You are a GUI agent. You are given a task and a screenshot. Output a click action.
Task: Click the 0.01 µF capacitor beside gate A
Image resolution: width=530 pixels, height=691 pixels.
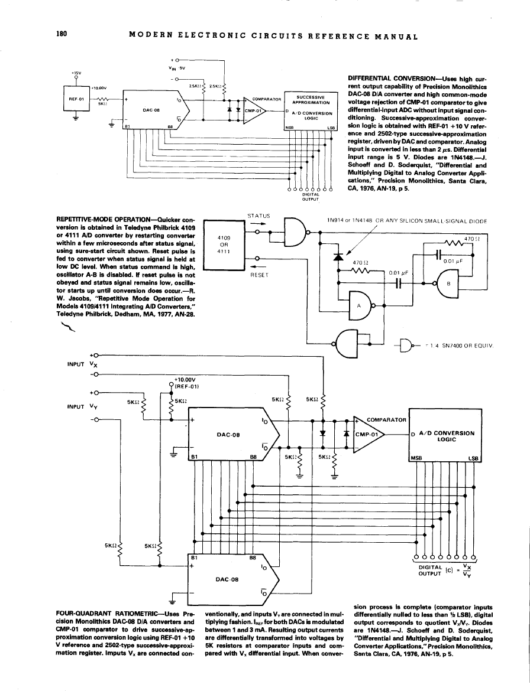398,283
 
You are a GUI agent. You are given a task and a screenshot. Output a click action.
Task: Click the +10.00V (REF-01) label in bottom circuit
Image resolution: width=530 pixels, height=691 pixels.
188,383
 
